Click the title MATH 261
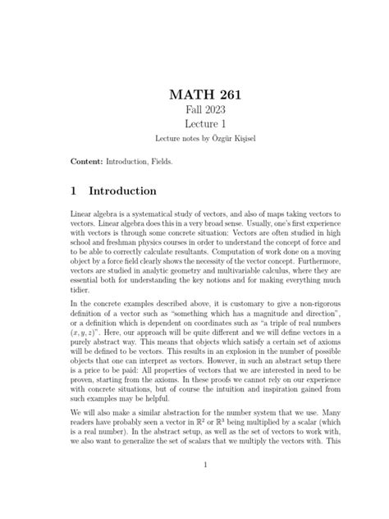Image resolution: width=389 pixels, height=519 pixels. pos(194,98)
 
